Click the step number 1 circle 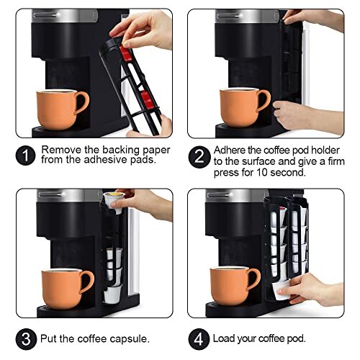click(x=26, y=155)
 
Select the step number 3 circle click(x=26, y=338)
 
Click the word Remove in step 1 click(x=60, y=150)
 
